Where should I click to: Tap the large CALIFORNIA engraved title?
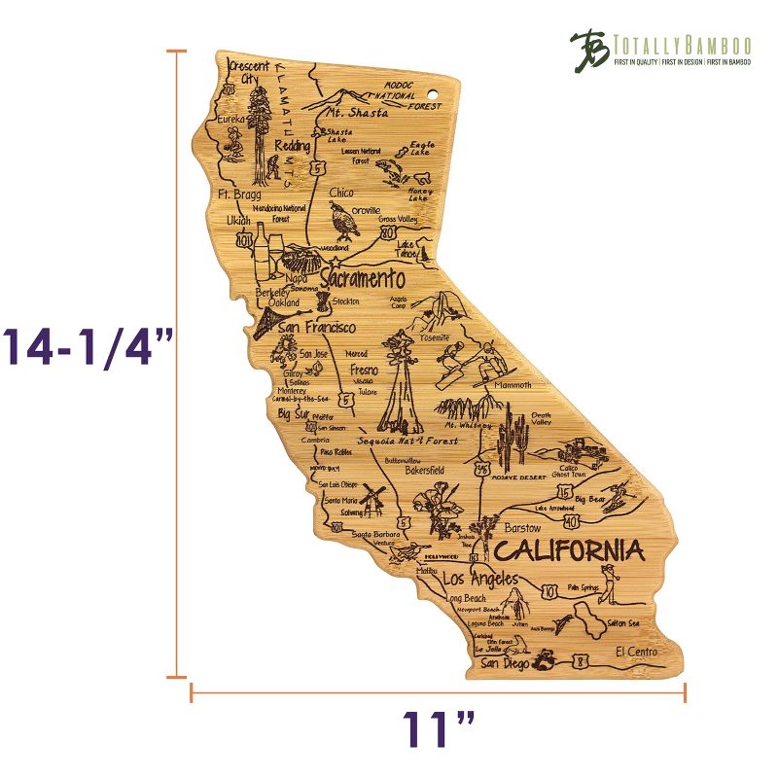tap(569, 551)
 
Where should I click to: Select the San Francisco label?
tap(316, 329)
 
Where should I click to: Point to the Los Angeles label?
tap(480, 579)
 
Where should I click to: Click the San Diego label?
tap(505, 664)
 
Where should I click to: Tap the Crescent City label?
tap(248, 72)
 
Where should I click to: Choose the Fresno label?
tap(363, 371)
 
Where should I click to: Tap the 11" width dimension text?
tap(440, 729)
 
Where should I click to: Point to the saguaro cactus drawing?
tap(512, 442)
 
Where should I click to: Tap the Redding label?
tap(292, 146)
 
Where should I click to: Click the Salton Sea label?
tap(621, 622)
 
